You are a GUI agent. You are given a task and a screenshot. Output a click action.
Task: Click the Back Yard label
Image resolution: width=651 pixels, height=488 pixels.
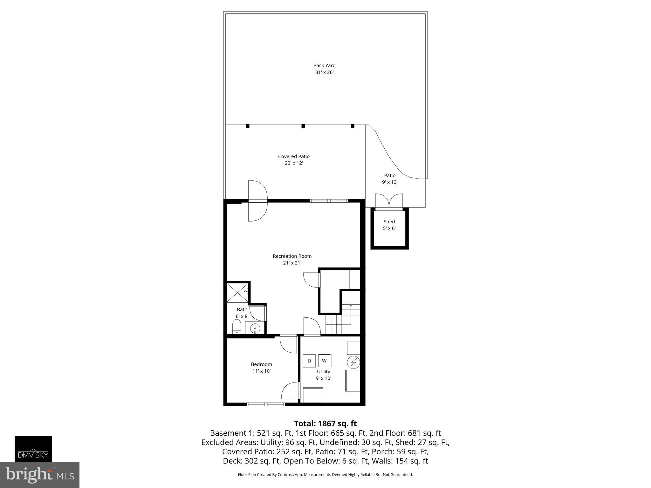324,65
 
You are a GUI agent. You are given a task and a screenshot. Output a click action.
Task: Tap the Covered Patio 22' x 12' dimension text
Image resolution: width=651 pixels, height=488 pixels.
294,163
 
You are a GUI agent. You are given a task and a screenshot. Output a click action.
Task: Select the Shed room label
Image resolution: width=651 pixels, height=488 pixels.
389,222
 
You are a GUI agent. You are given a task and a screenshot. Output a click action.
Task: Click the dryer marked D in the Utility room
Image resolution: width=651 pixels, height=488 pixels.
309,361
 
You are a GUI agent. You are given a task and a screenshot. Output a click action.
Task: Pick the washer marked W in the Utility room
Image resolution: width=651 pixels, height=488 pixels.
325,361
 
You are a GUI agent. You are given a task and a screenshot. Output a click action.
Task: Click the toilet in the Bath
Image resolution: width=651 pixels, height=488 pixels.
237,327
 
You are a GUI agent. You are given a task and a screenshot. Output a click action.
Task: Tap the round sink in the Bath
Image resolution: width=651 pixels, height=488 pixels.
255,328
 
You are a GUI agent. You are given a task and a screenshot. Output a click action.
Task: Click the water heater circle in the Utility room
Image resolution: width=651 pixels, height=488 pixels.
353,362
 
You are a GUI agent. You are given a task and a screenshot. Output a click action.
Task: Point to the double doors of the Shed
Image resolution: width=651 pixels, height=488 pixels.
389,202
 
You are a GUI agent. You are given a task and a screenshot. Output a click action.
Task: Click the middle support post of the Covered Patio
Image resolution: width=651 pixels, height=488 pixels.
303,126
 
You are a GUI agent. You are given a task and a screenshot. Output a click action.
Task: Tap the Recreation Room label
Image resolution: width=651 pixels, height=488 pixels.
292,256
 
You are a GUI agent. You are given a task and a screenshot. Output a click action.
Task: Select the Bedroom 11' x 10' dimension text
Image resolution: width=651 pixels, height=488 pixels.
261,371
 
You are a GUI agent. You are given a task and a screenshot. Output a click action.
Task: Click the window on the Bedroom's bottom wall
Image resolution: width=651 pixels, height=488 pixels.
266,404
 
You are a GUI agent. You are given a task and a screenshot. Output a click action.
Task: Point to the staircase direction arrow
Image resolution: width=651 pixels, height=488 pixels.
351,306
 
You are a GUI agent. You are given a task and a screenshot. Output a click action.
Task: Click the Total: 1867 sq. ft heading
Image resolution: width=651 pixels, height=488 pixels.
325,424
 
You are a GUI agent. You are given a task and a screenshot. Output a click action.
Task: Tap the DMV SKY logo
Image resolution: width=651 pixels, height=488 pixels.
33,449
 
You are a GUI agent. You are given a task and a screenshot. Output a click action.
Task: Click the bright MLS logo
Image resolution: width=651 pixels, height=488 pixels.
39,475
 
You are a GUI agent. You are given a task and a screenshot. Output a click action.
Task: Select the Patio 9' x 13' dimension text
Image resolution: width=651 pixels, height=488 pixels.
390,182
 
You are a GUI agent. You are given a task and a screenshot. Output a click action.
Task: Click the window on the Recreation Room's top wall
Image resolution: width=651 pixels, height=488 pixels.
329,201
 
